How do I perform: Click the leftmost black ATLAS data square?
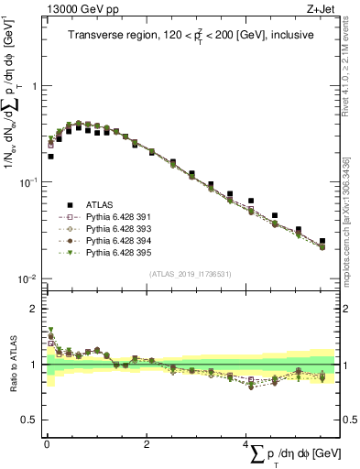click(50, 157)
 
